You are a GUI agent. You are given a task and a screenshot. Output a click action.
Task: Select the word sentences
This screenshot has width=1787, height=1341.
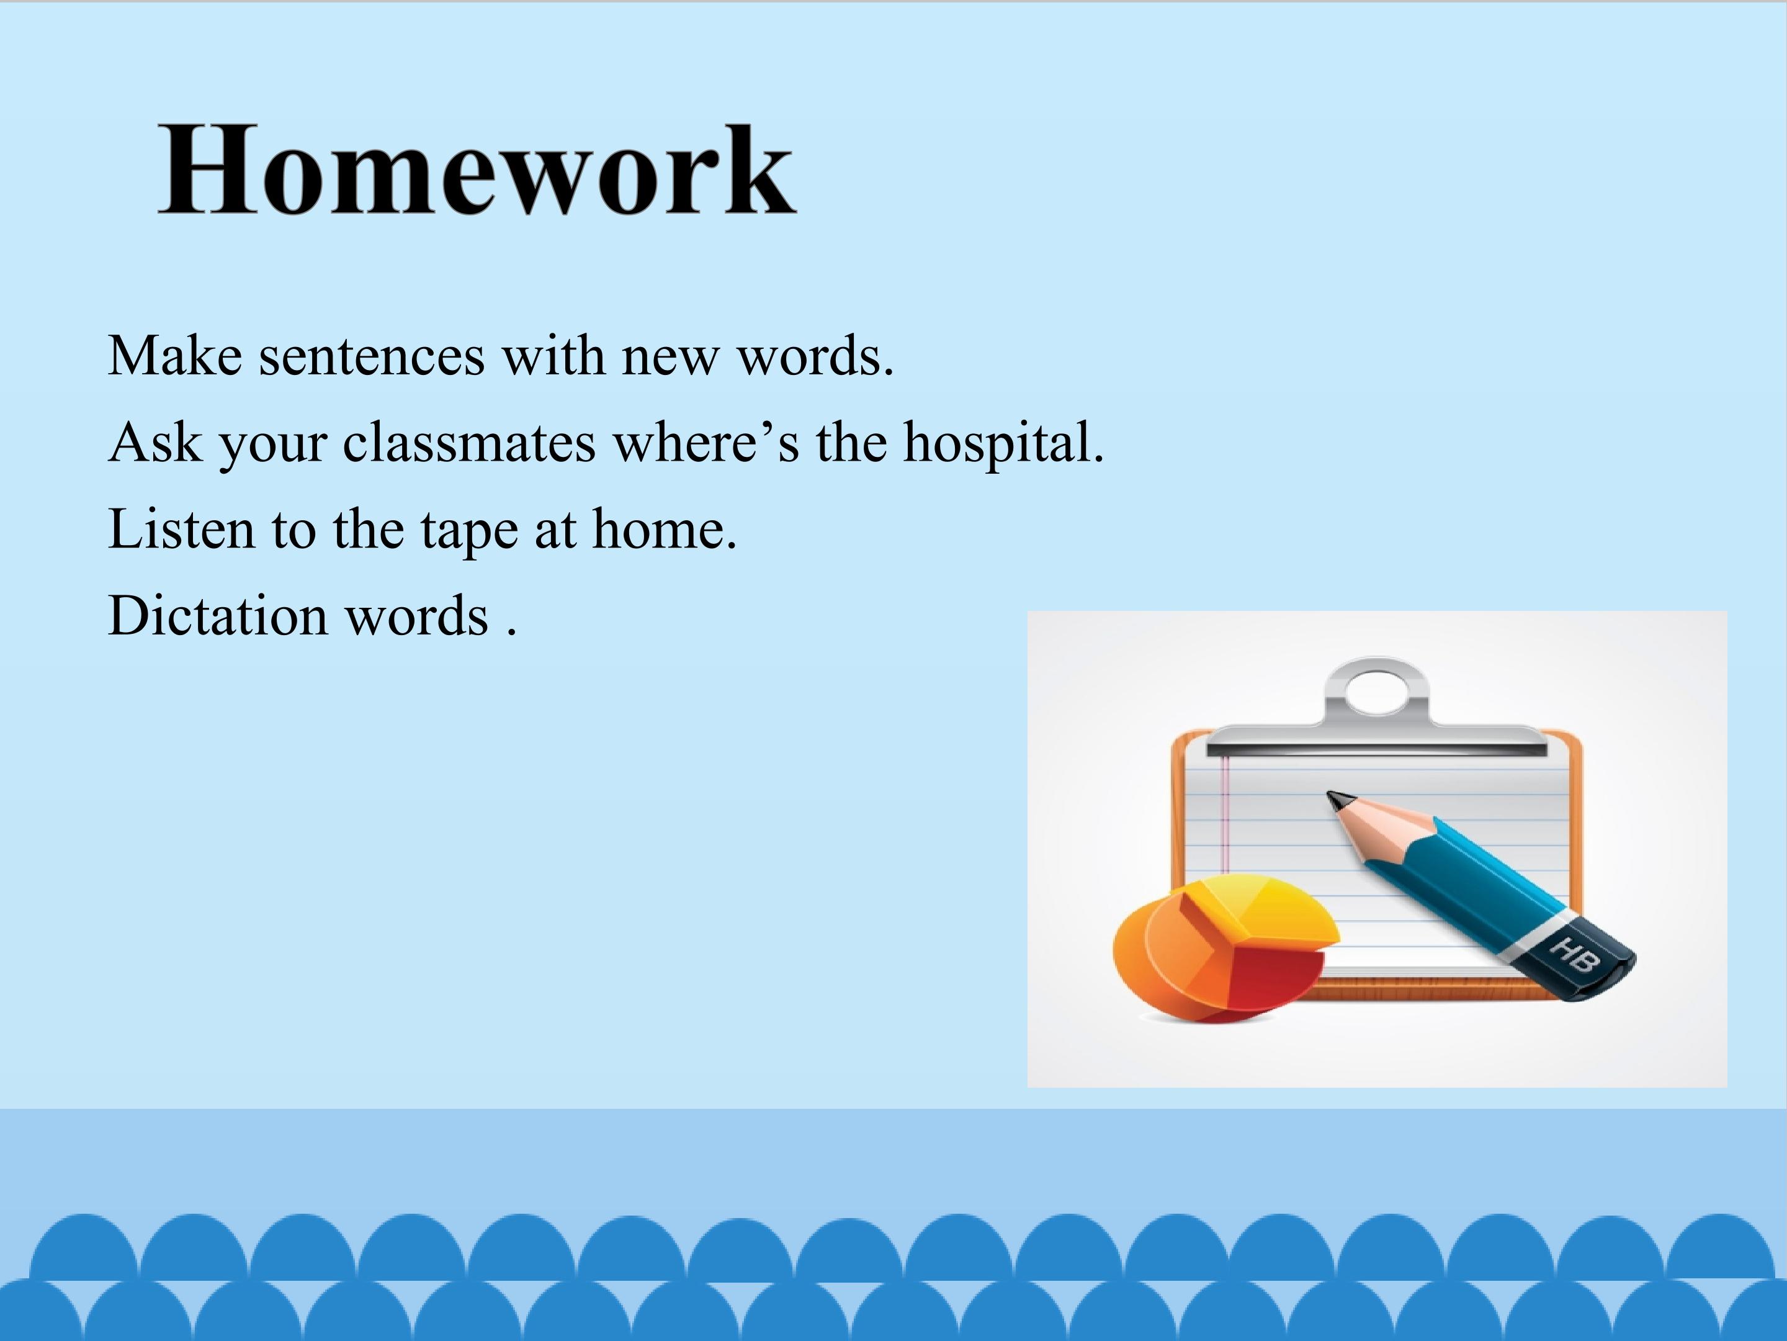coord(372,356)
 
